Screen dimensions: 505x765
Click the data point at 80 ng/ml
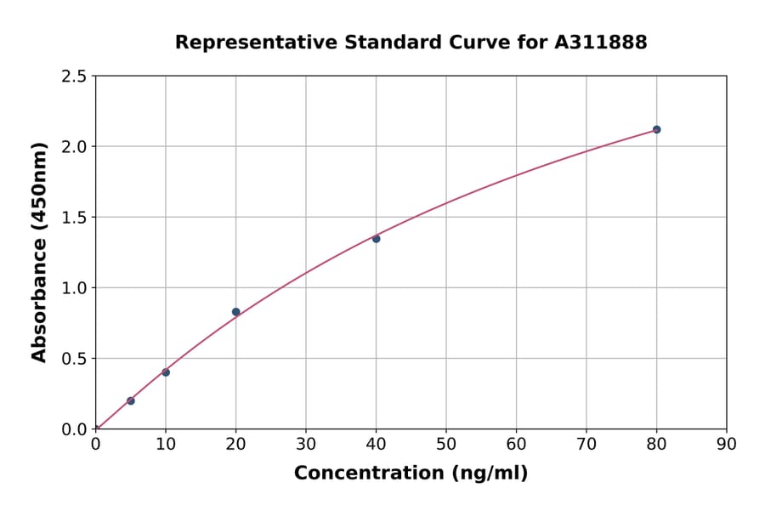pyautogui.click(x=656, y=129)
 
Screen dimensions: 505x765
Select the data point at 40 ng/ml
pyautogui.click(x=376, y=239)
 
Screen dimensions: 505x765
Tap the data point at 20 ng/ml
pyautogui.click(x=235, y=312)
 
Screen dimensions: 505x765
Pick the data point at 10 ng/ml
pyautogui.click(x=166, y=372)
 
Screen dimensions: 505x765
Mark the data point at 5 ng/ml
pyautogui.click(x=131, y=400)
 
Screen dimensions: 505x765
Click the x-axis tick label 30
pyautogui.click(x=306, y=444)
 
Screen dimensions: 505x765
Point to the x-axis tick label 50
pyautogui.click(x=446, y=444)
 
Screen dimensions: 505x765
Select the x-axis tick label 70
pyautogui.click(x=586, y=444)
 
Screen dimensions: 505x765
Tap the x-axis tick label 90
pyautogui.click(x=727, y=444)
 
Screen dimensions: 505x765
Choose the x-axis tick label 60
pyautogui.click(x=516, y=444)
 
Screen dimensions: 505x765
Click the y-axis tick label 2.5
pyautogui.click(x=74, y=77)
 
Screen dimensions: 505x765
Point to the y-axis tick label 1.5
pyautogui.click(x=74, y=218)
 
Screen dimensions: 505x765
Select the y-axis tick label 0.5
pyautogui.click(x=74, y=359)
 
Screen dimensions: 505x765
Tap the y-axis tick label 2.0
pyautogui.click(x=74, y=147)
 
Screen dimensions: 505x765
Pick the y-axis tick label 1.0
pyautogui.click(x=74, y=288)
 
